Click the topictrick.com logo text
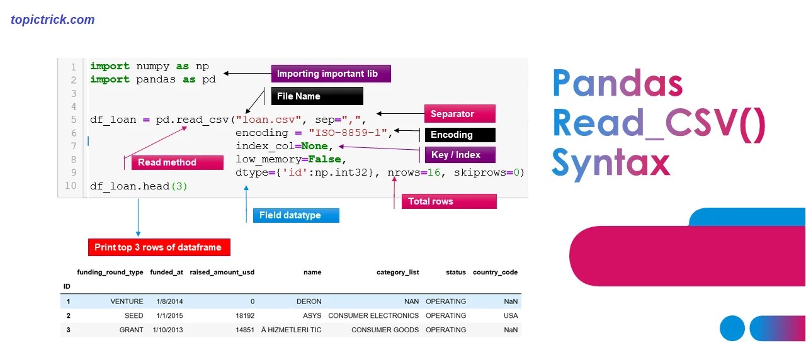point(53,20)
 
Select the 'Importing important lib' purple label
point(331,74)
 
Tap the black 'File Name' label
point(317,96)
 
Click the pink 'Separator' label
point(459,114)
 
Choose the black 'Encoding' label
point(459,135)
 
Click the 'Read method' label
point(177,162)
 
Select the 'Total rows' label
point(448,201)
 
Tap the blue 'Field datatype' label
point(295,215)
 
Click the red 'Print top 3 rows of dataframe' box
point(159,247)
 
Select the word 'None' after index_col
point(314,146)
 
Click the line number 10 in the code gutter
point(70,186)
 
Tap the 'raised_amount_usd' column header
point(222,273)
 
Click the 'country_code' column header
point(495,273)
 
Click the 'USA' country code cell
point(511,316)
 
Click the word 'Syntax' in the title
point(610,162)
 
